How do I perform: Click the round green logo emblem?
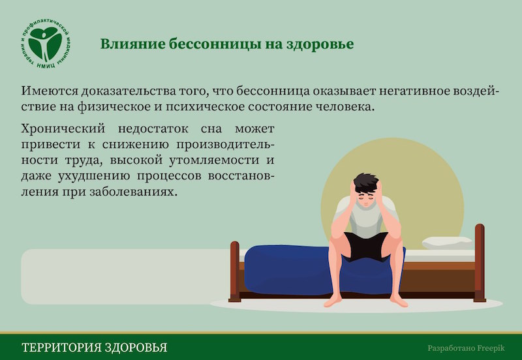45,44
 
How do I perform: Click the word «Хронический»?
63,128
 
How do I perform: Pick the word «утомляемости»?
214,160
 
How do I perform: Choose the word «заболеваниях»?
132,192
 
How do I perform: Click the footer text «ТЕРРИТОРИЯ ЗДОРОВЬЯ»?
95,348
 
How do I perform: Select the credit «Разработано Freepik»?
466,348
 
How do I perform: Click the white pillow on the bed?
448,243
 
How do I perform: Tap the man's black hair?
366,183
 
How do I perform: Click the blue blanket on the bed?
293,270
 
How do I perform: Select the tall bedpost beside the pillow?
480,263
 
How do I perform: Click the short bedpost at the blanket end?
235,271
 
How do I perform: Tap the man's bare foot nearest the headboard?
399,301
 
